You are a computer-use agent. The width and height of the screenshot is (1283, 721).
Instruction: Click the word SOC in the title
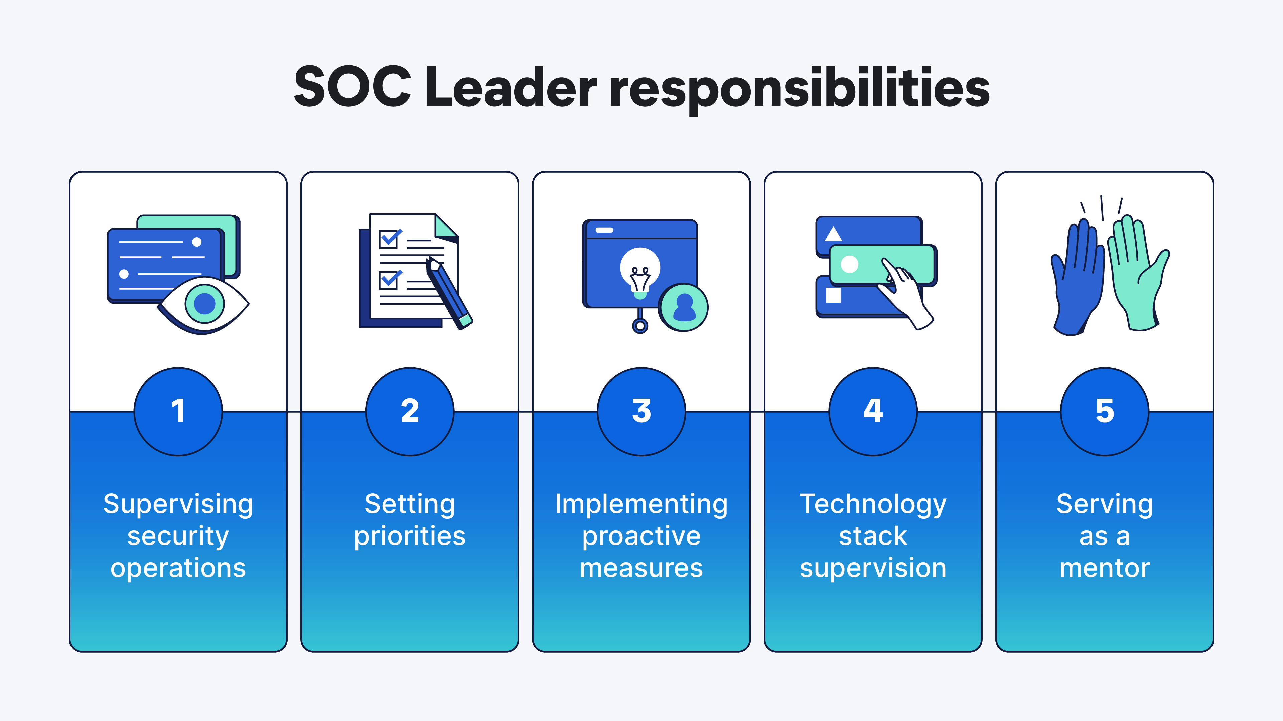click(x=352, y=87)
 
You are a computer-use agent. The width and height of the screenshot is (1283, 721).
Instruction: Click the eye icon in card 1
click(x=204, y=303)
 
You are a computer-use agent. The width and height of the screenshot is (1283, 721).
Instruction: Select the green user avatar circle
click(x=683, y=307)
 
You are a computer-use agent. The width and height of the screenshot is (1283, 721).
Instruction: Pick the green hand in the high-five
click(x=1136, y=274)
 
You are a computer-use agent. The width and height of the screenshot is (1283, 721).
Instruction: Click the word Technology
click(x=873, y=504)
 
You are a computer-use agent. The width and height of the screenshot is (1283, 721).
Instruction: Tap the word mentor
click(x=1104, y=568)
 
